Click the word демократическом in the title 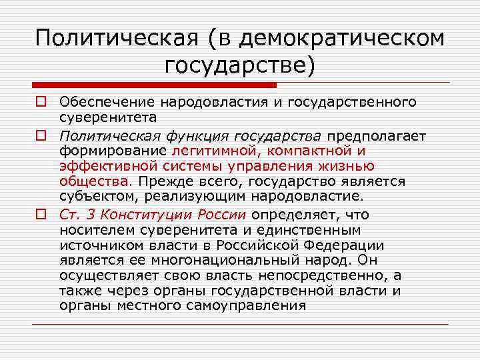pyautogui.click(x=341, y=38)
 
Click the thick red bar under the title pyautogui.click(x=154, y=85)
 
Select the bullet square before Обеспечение pyautogui.click(x=41, y=101)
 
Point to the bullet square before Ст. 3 pyautogui.click(x=41, y=215)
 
